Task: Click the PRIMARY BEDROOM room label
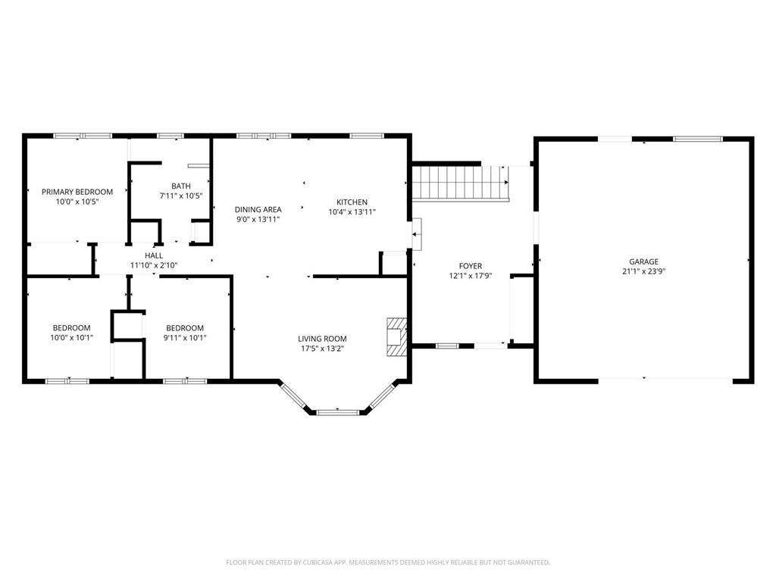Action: [77, 192]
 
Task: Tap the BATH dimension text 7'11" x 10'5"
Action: [180, 196]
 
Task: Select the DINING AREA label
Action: [258, 210]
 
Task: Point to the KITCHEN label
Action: [352, 202]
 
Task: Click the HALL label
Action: [154, 256]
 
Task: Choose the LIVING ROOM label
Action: [322, 339]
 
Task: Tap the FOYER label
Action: [470, 266]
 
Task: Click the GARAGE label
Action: [644, 261]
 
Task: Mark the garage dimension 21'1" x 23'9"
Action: [644, 271]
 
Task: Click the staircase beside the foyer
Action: [460, 183]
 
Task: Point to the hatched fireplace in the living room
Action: [397, 336]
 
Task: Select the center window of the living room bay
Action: [338, 411]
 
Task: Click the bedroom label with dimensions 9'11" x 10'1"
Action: [185, 328]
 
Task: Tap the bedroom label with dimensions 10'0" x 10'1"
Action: [72, 327]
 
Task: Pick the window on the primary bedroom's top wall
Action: [83, 136]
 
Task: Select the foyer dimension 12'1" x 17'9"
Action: [470, 276]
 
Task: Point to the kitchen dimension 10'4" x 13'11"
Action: [352, 212]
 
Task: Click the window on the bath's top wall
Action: [171, 136]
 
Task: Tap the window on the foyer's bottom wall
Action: [447, 346]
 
